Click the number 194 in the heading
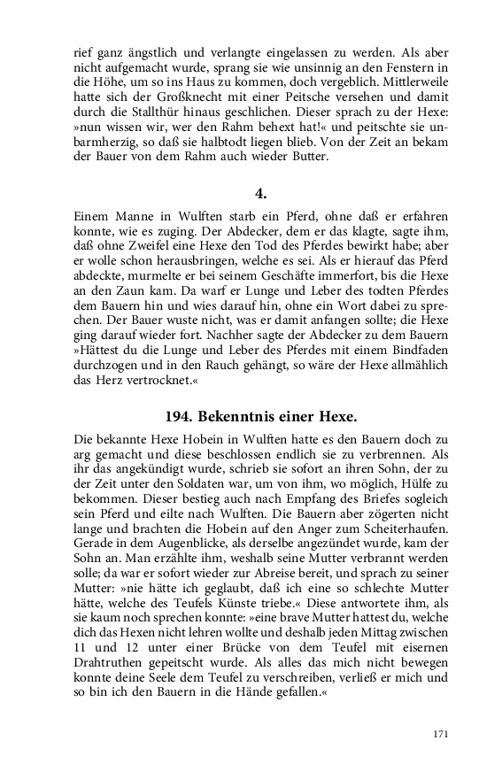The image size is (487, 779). [x=182, y=415]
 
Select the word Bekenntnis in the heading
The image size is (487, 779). [x=247, y=415]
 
